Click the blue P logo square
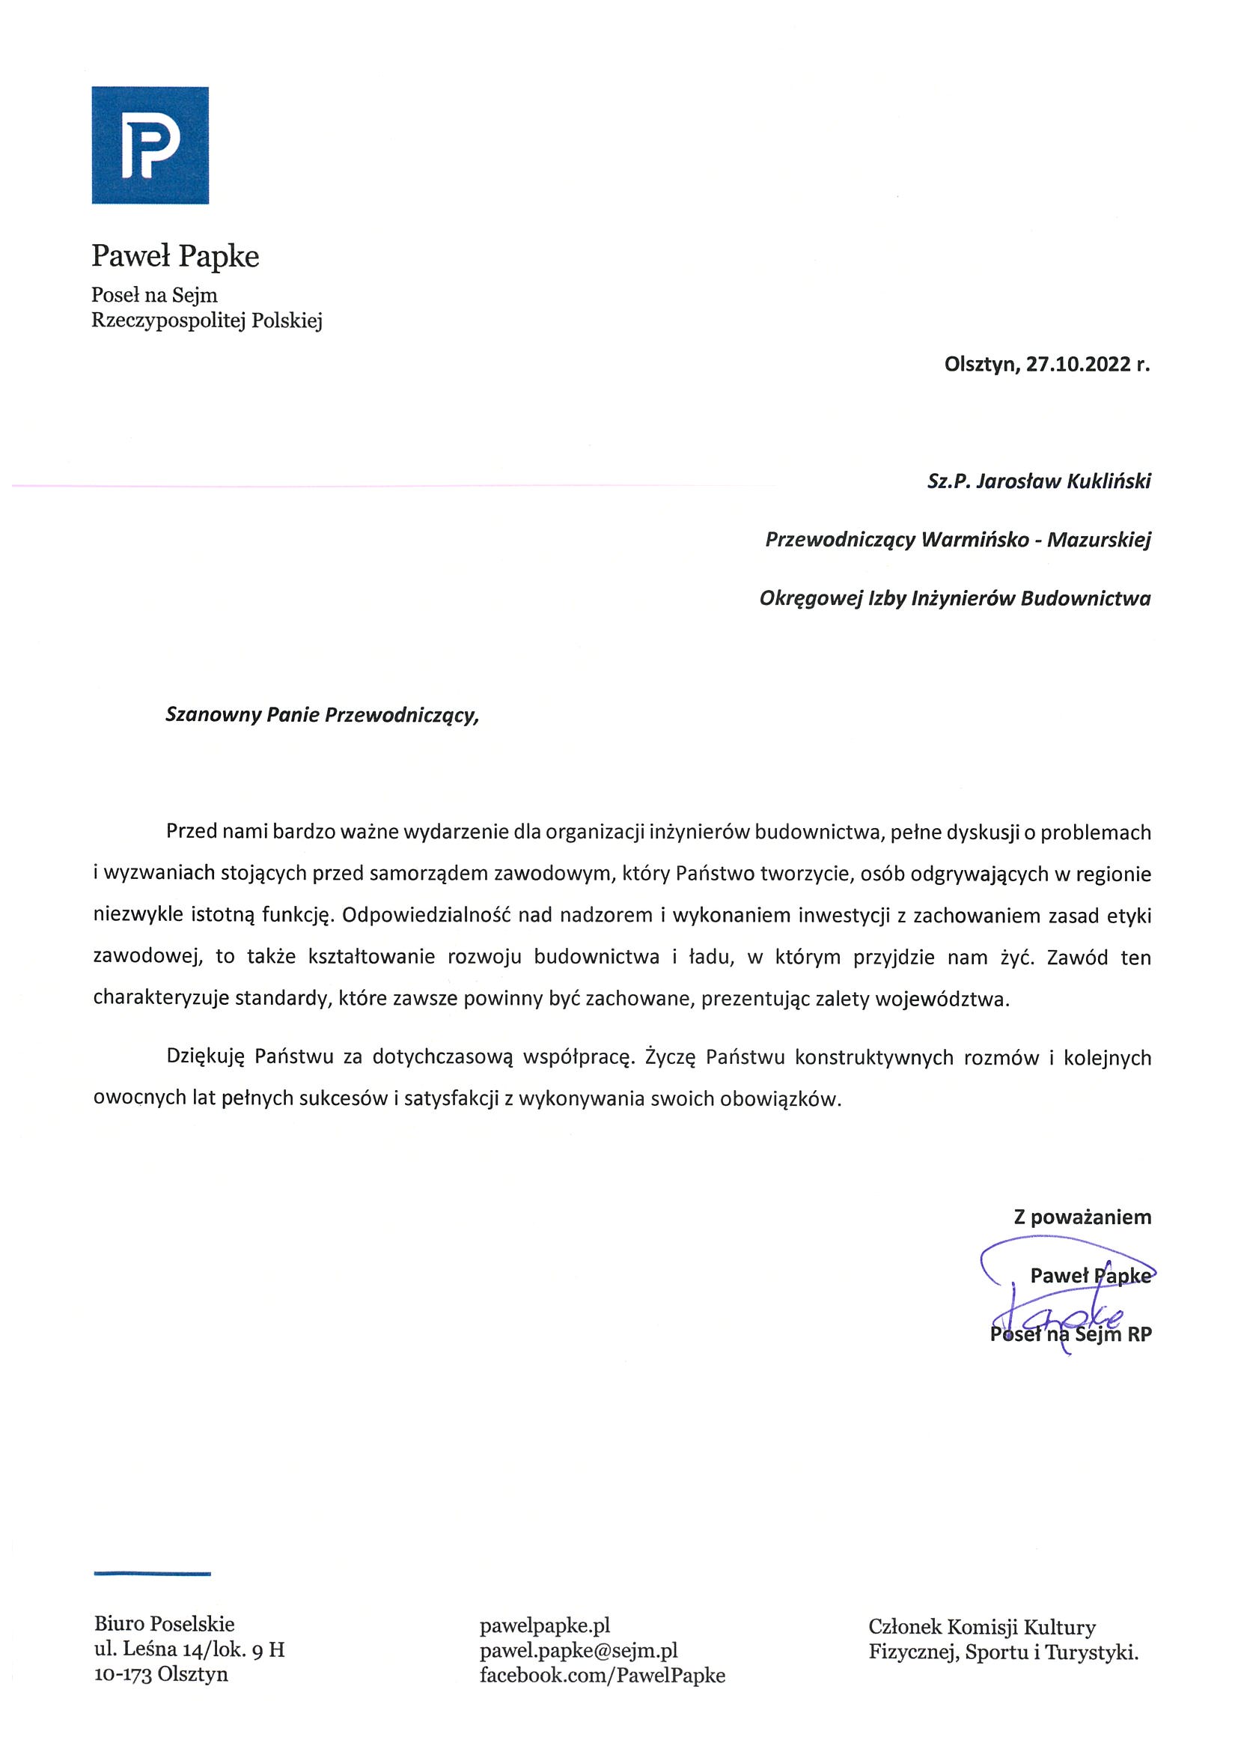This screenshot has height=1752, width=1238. pos(150,145)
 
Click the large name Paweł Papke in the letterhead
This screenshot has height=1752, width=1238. pos(175,256)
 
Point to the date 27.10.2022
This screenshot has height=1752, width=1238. pos(1076,365)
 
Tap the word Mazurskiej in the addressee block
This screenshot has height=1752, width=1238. pos(1099,541)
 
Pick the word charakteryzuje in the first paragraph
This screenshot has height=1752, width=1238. pos(161,999)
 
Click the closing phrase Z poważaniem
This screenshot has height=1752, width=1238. pos(1082,1217)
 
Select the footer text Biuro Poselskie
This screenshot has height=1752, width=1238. pos(164,1624)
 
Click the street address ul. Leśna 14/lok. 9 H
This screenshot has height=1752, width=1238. pos(189,1649)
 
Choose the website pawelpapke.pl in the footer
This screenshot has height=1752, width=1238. pos(545,1625)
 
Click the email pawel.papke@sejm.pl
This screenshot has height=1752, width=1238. pos(578,1650)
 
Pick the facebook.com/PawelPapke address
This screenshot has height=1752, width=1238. pos(602,1675)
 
